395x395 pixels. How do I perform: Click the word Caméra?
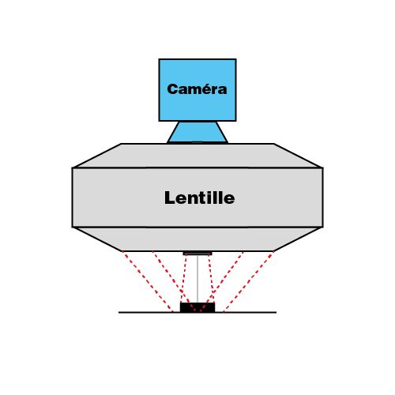(197, 89)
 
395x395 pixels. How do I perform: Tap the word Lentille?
(200, 197)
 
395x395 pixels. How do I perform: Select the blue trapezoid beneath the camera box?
(197, 132)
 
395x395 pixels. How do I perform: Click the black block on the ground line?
(197, 307)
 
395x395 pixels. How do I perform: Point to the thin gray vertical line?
(197, 279)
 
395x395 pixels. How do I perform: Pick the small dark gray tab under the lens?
(197, 254)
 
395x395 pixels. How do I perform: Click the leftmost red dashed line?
(148, 282)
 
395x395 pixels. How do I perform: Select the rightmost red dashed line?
(248, 282)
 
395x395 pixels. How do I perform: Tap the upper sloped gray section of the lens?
(197, 156)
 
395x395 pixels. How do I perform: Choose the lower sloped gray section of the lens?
(197, 239)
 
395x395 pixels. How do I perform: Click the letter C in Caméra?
(174, 89)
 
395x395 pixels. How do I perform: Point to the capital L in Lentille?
(170, 197)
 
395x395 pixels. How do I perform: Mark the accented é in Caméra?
(204, 88)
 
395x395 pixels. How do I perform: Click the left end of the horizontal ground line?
(118, 313)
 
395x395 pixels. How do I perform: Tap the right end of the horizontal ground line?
(276, 313)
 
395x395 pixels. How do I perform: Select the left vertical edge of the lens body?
(73, 197)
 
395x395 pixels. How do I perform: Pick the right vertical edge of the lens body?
(323, 197)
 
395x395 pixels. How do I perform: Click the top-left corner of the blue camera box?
(159, 59)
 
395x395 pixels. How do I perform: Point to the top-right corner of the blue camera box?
(236, 59)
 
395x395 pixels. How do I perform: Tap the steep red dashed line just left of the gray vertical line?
(183, 279)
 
